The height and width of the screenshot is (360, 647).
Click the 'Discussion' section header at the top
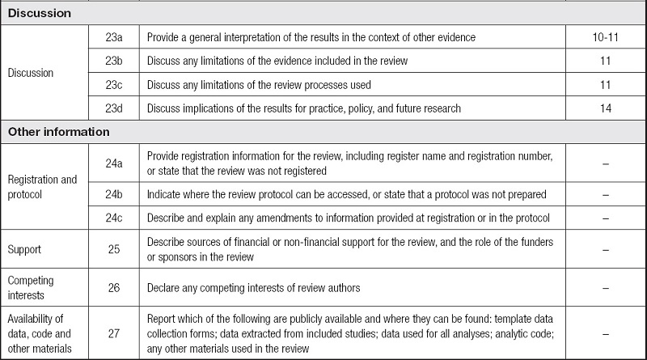(x=40, y=15)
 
